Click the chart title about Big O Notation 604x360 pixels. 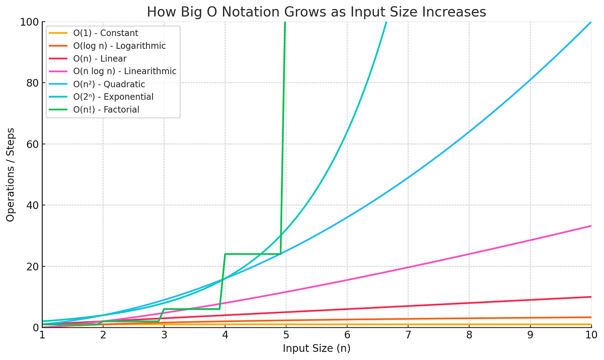coord(316,12)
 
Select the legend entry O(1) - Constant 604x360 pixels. coord(106,33)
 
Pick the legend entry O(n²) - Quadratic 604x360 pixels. coord(113,84)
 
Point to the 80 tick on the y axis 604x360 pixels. coord(31,83)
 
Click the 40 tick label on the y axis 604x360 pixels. coord(31,205)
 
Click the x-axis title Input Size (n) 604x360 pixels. coord(317,348)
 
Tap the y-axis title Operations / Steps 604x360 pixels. coord(11,175)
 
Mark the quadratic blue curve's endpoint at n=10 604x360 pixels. coord(590,23)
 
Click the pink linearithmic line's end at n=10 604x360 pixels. coord(590,226)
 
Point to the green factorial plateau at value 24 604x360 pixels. coord(252,254)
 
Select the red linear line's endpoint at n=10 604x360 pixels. coord(590,297)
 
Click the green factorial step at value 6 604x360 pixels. coord(191,309)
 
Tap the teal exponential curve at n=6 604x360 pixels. coord(347,132)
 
